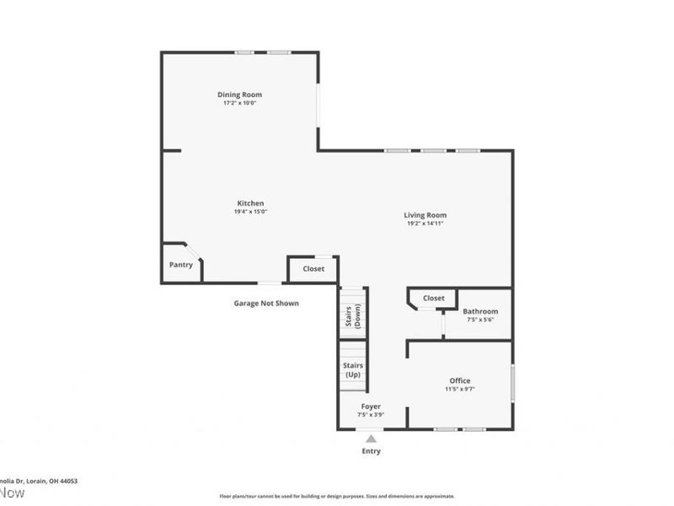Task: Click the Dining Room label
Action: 239,94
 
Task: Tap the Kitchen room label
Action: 250,203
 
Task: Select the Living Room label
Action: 425,215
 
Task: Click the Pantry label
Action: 180,265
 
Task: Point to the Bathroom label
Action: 480,311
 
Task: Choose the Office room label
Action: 460,380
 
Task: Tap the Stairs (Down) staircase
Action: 353,314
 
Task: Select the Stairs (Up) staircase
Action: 353,370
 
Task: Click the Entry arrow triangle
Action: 371,439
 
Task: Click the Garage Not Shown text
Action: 266,304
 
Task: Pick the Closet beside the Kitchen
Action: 313,269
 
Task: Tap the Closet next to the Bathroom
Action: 433,298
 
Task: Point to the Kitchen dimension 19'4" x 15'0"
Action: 250,213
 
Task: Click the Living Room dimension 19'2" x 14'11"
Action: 425,224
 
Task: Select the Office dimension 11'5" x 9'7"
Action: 460,390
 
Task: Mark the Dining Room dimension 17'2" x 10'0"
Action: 239,104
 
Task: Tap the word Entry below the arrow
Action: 371,451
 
